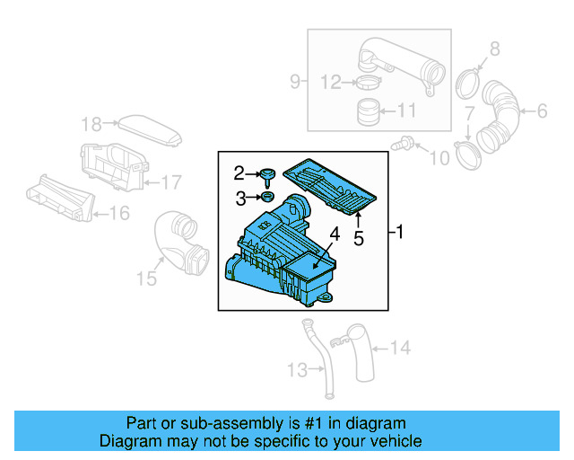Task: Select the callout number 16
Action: click(118, 213)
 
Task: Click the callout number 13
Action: click(296, 368)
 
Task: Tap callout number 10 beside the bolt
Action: click(439, 159)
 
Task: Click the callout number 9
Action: click(294, 83)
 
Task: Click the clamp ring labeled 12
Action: click(366, 84)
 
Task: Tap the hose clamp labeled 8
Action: click(467, 84)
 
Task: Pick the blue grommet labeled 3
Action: click(267, 197)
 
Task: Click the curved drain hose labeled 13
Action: click(318, 359)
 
